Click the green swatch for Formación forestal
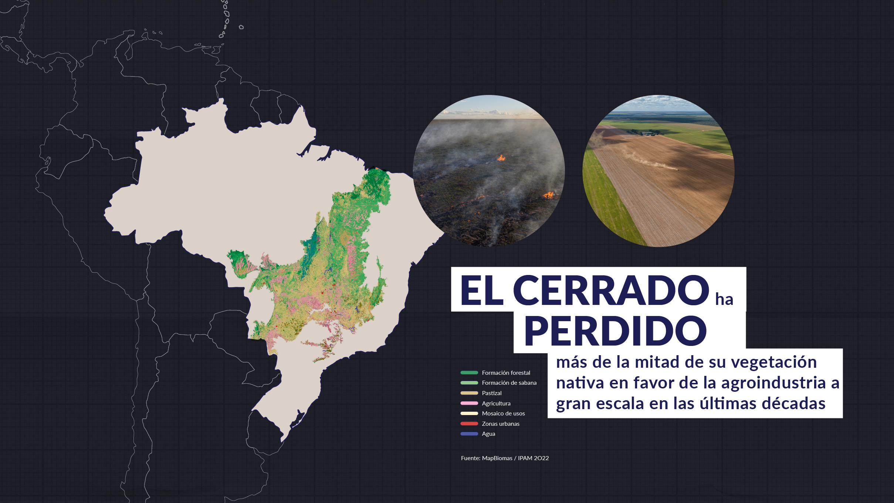pos(469,373)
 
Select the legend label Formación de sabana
pos(509,383)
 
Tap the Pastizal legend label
pos(492,393)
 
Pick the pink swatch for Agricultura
pos(469,403)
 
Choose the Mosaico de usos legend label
pos(503,414)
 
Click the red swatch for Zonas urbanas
pos(469,424)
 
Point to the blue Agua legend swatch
pos(469,434)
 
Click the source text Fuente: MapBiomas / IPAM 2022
pos(505,458)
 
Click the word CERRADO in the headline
pos(611,290)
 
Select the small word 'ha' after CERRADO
pos(724,299)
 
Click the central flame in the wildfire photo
pos(501,158)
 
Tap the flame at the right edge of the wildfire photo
pos(548,194)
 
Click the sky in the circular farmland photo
pos(658,104)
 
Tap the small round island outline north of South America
pos(241,27)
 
